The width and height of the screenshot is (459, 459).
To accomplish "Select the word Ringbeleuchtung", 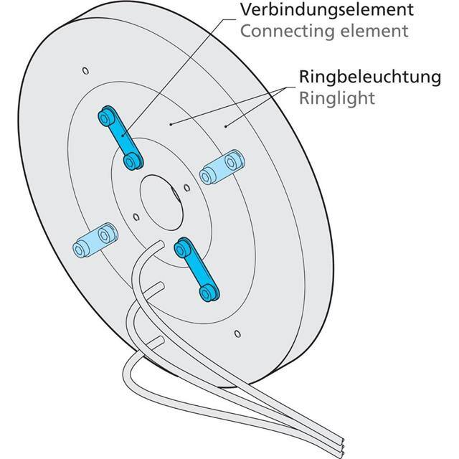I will (369, 77).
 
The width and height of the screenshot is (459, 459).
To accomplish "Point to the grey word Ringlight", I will (338, 98).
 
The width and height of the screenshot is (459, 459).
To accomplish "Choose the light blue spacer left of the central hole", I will (93, 240).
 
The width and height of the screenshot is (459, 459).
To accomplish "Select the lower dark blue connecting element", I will (195, 268).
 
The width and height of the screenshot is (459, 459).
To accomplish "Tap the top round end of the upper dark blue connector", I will (108, 115).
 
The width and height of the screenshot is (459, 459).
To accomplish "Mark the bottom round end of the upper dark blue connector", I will (131, 162).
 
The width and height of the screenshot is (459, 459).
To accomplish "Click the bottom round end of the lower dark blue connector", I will (209, 290).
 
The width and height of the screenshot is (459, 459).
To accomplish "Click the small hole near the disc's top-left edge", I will (85, 70).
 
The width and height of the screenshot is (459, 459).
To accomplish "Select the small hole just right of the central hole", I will (186, 188).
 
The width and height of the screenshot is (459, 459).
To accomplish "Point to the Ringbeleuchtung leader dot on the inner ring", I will (171, 123).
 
